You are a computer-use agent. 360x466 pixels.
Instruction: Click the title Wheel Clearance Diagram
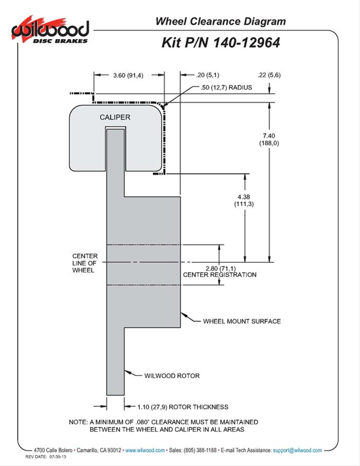coord(220,21)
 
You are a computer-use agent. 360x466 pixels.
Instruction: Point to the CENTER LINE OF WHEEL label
coord(83,263)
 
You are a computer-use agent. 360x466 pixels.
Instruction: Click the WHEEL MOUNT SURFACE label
coord(242,321)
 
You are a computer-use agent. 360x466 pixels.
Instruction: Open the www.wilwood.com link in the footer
coord(145,450)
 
